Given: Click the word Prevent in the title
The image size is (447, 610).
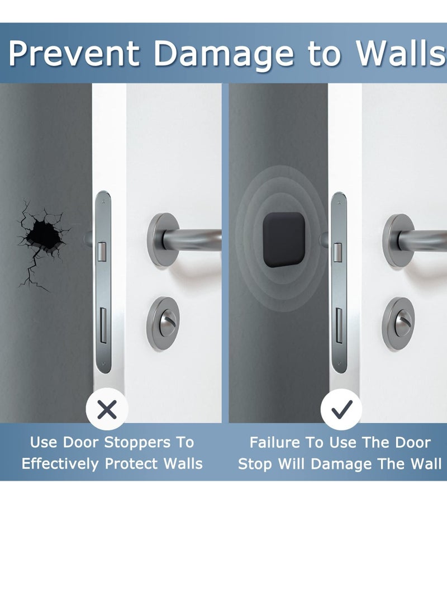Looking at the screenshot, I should tap(74, 54).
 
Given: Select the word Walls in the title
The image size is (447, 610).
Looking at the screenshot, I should tap(403, 54).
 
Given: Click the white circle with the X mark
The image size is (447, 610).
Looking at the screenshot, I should tap(107, 410).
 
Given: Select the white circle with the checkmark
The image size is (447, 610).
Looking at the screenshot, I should tap(341, 410).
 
